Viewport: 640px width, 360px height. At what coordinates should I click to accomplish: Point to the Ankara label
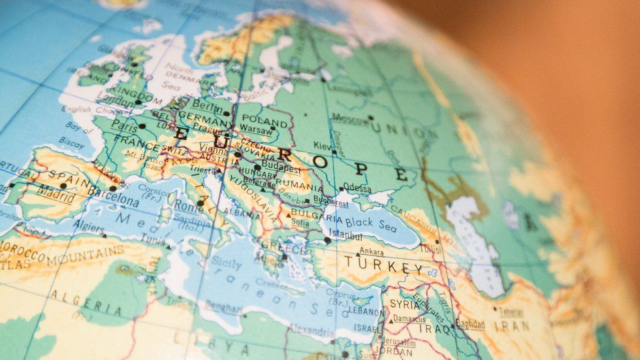(372, 252)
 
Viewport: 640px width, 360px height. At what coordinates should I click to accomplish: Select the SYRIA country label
(405, 304)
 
